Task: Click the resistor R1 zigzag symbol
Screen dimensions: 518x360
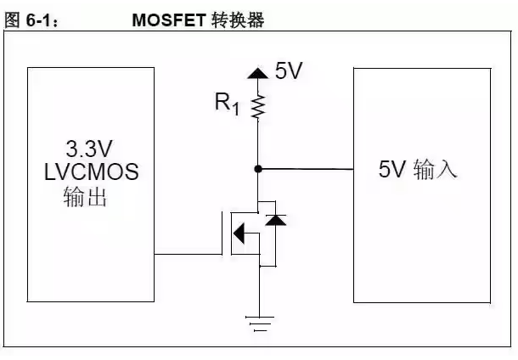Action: click(258, 106)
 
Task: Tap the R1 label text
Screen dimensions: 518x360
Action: click(227, 104)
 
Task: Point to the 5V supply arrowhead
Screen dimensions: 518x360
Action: click(257, 73)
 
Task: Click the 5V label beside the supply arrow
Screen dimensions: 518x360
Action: click(289, 70)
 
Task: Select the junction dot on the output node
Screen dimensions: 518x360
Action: click(258, 169)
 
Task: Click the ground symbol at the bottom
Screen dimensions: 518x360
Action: click(260, 323)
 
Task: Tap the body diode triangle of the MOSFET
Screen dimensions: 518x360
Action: click(275, 220)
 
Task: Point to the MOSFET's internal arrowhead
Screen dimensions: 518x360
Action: click(239, 233)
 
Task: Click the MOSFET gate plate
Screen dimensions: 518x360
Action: click(222, 233)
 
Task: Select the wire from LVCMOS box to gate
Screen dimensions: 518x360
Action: click(188, 255)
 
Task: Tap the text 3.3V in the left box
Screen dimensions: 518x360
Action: click(89, 149)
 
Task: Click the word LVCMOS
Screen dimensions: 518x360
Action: click(91, 172)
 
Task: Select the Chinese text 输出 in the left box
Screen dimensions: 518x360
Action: click(85, 196)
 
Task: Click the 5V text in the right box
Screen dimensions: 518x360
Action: click(391, 169)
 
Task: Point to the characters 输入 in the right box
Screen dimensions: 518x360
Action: click(435, 169)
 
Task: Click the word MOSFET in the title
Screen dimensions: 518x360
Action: click(169, 20)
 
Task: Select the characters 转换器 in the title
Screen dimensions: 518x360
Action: click(238, 20)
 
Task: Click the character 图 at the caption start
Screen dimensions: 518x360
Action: click(13, 20)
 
